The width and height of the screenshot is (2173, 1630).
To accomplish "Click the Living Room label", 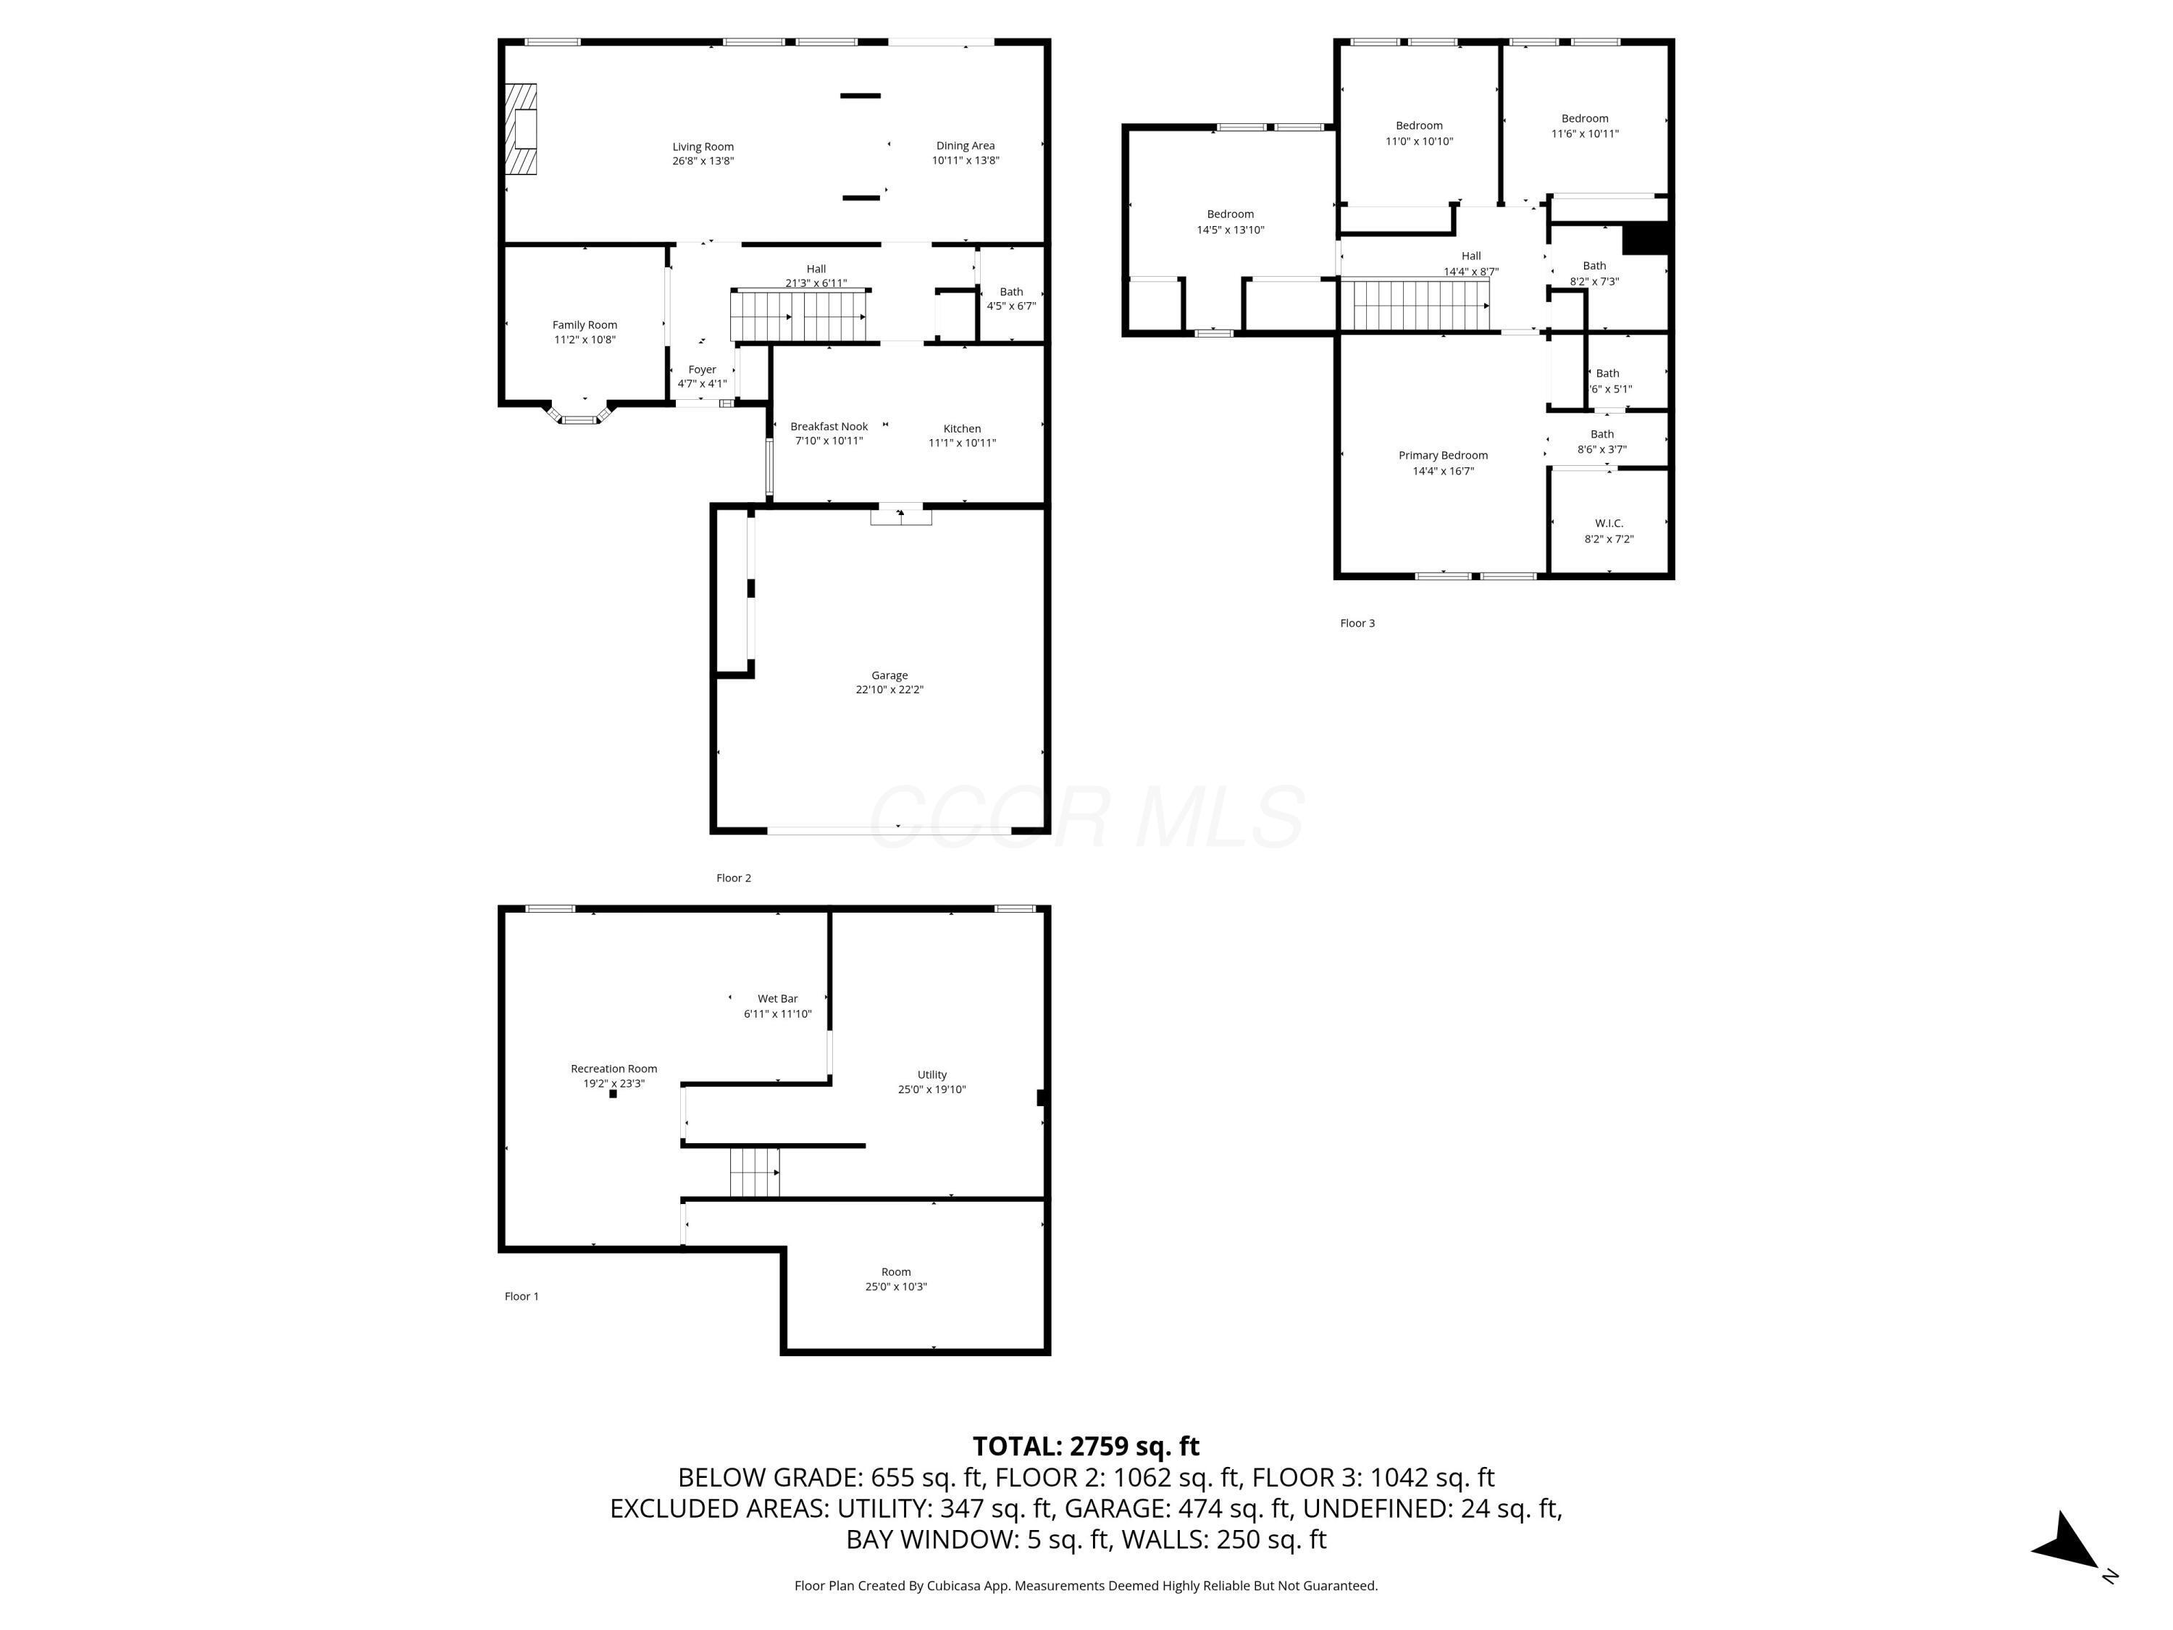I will click(x=703, y=146).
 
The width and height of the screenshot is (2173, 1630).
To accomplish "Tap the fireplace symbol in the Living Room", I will click(x=522, y=129).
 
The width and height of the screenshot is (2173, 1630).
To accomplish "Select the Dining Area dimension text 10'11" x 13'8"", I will click(x=965, y=160).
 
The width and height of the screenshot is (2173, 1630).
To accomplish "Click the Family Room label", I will click(x=585, y=325).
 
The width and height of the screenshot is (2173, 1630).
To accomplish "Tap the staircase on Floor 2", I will click(x=797, y=315).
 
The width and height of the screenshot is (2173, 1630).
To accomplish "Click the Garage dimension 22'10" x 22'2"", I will click(x=889, y=690).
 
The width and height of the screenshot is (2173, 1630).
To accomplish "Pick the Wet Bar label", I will click(x=777, y=998).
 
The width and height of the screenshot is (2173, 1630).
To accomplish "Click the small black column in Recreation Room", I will click(x=613, y=1093).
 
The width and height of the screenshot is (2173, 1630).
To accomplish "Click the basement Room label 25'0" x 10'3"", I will click(x=895, y=1271).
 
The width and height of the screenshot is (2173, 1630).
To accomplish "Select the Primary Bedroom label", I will click(x=1442, y=455).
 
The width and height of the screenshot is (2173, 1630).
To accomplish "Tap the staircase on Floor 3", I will click(x=1415, y=304).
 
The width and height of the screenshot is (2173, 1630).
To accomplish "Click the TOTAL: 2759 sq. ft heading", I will click(x=1086, y=1445).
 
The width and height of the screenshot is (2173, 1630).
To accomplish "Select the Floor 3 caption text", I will click(x=1357, y=623).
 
